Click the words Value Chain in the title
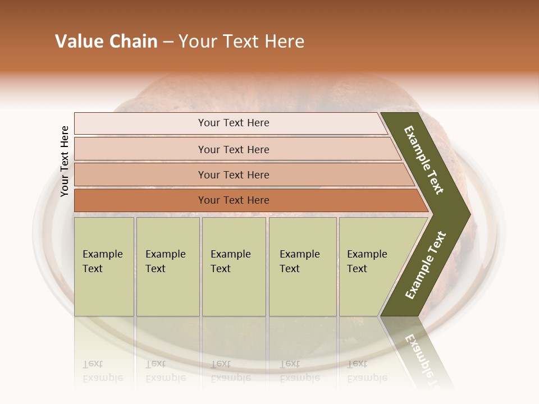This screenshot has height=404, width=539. (x=106, y=42)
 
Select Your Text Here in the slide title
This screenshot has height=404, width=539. (x=241, y=42)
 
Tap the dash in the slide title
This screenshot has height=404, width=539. (x=168, y=42)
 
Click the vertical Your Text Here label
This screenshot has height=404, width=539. (x=65, y=161)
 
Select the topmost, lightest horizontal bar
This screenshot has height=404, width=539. (x=233, y=123)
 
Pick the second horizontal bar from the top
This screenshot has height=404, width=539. (x=233, y=149)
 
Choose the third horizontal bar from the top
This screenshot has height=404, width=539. (x=233, y=175)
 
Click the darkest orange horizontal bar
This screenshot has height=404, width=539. (x=233, y=200)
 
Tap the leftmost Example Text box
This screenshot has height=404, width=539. (x=104, y=267)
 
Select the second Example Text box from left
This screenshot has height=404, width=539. (x=168, y=267)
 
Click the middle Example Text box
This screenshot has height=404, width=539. (x=234, y=267)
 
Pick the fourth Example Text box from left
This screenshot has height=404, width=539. (x=303, y=267)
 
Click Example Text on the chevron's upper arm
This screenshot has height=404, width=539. (x=424, y=160)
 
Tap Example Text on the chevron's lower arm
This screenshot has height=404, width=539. (x=426, y=265)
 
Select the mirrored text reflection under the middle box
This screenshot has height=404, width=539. (x=230, y=371)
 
